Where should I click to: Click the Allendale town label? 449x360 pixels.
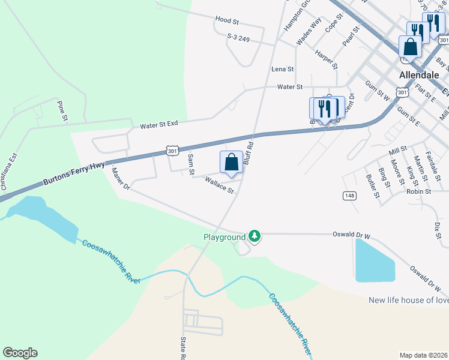coord(420,76)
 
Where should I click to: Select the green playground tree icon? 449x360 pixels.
coord(255,237)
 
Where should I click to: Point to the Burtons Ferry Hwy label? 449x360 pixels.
coord(73,174)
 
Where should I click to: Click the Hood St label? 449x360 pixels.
coord(227,21)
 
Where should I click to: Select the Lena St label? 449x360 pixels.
coord(282,70)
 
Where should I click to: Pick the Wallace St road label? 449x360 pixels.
coord(219,185)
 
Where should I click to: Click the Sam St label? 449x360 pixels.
coord(191,164)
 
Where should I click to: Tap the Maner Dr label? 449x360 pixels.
coord(121,179)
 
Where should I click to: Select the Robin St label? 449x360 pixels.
coord(418,191)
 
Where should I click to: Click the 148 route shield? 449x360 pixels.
coord(349,196)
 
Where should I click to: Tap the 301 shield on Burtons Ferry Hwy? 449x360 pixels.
coord(172,151)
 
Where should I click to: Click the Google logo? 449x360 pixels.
coord(20,353)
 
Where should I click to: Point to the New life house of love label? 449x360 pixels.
coord(408,300)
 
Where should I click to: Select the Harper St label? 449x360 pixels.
coord(326,59)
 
